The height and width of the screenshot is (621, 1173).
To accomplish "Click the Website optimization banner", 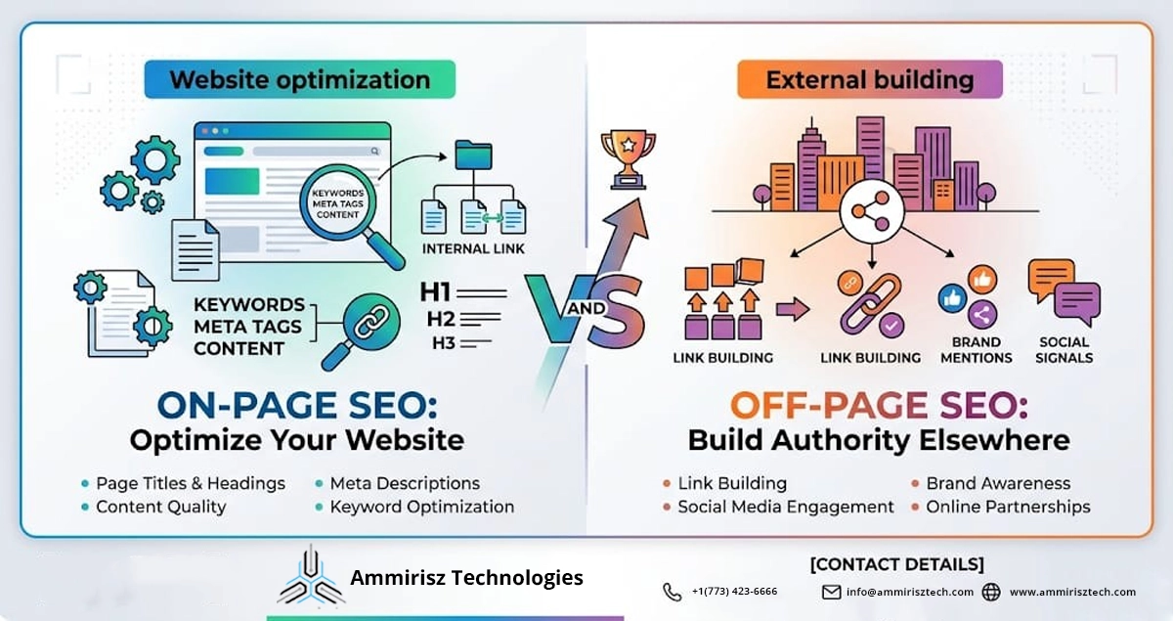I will point(299,79).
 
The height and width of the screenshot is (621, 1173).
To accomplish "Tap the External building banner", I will point(869,79).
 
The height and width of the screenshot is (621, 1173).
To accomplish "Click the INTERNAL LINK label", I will point(473,248).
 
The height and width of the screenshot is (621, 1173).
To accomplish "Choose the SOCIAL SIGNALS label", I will point(1065,350).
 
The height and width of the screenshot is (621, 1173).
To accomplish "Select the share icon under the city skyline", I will point(863,210).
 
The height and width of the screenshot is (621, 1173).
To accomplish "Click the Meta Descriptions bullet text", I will point(405,483).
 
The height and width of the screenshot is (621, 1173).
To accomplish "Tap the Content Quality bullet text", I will point(160,507).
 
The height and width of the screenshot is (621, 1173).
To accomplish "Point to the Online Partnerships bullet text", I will point(1008,507).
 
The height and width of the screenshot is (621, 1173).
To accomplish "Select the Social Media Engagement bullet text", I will point(785,507).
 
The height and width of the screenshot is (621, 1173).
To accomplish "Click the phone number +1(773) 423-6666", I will point(734,592).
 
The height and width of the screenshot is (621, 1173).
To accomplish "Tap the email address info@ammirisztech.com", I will point(909,592).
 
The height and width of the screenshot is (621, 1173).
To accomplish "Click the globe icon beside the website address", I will point(991,592).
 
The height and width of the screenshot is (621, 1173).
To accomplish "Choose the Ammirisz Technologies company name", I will point(466,578).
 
